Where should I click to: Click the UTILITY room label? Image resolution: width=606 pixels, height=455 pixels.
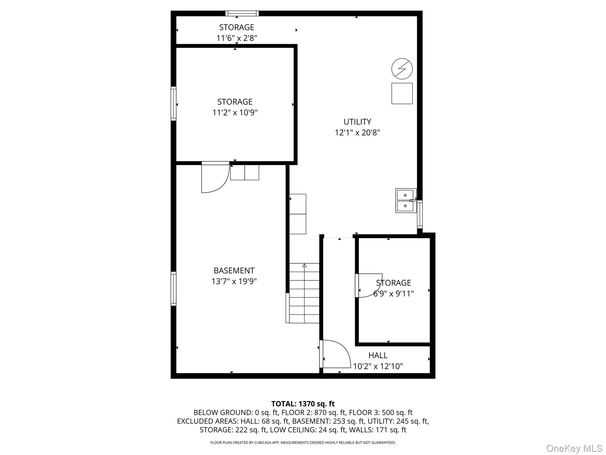pos(357,122)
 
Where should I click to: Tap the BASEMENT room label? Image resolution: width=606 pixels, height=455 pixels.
pos(234,270)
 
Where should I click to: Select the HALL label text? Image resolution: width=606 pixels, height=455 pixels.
pos(378,355)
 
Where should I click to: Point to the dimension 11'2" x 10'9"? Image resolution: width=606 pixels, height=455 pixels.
pos(235,113)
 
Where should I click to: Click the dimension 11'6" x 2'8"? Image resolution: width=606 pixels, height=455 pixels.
pos(236,38)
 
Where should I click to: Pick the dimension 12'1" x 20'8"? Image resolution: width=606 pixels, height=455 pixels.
pos(357,133)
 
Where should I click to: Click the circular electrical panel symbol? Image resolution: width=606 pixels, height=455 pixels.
pos(402,69)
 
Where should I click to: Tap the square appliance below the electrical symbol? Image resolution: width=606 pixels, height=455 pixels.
pos(402,94)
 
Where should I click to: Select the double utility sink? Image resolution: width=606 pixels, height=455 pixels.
pos(405,201)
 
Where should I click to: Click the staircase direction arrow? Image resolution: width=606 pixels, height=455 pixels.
pos(304,266)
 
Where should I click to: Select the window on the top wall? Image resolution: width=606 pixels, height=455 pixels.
pos(242,13)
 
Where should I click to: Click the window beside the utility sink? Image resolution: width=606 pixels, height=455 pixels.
pos(420,214)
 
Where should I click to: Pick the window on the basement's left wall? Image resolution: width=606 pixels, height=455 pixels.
pos(173,289)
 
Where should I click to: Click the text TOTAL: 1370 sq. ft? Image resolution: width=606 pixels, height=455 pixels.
pos(303,404)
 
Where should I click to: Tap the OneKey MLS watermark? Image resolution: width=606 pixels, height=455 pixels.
pos(574,448)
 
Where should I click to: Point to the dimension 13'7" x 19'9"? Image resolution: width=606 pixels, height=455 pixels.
pos(234,281)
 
